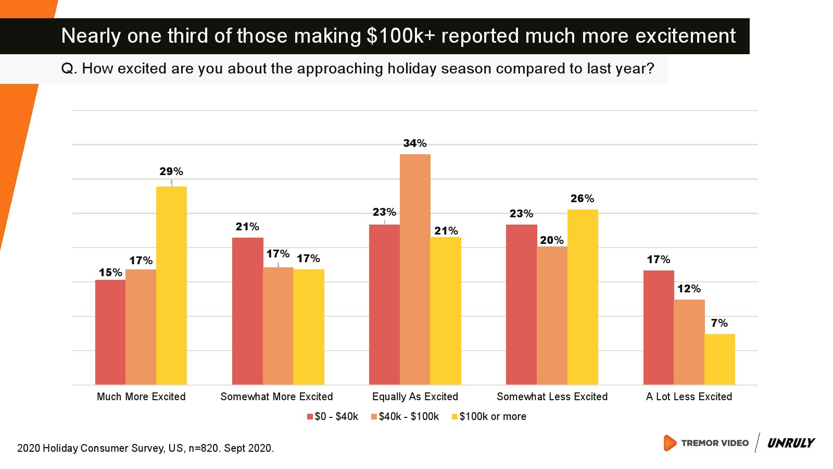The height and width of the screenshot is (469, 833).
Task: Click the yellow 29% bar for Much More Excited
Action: coord(171,286)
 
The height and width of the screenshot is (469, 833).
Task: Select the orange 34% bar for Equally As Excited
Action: coord(415,269)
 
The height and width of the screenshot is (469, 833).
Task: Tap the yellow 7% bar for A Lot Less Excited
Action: coord(720,359)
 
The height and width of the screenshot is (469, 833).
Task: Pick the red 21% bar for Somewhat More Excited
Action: coord(247,311)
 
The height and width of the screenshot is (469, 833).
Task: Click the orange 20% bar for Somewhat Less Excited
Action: coord(552,315)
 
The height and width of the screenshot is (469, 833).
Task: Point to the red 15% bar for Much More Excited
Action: coord(110,332)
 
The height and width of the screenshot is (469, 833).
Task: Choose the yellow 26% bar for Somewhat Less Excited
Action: coord(583,297)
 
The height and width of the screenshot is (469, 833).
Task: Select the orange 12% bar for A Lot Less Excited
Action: coord(689,342)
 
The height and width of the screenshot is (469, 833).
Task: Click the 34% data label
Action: coord(414,143)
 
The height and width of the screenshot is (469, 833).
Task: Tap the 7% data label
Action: coord(719,323)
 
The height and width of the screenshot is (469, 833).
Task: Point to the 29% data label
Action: coord(171,171)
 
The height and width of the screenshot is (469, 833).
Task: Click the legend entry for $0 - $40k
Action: coord(333,416)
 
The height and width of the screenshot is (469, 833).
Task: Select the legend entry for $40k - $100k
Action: coord(405,416)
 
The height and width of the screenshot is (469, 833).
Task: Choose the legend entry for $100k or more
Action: coord(489,416)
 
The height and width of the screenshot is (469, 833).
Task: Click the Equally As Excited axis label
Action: coord(415,397)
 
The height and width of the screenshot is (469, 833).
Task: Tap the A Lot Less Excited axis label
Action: coord(689,397)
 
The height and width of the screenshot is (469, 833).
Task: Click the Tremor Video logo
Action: coord(706,443)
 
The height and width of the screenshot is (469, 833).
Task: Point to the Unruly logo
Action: coord(791,443)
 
